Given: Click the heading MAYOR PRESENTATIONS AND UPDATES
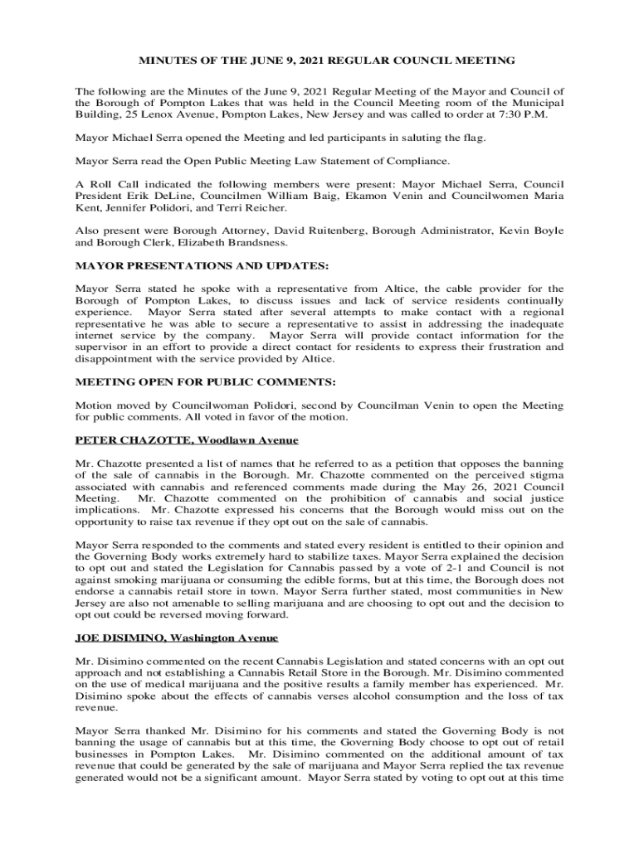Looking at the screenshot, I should (202, 266).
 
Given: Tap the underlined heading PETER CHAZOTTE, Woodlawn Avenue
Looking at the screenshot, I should (187, 439).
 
